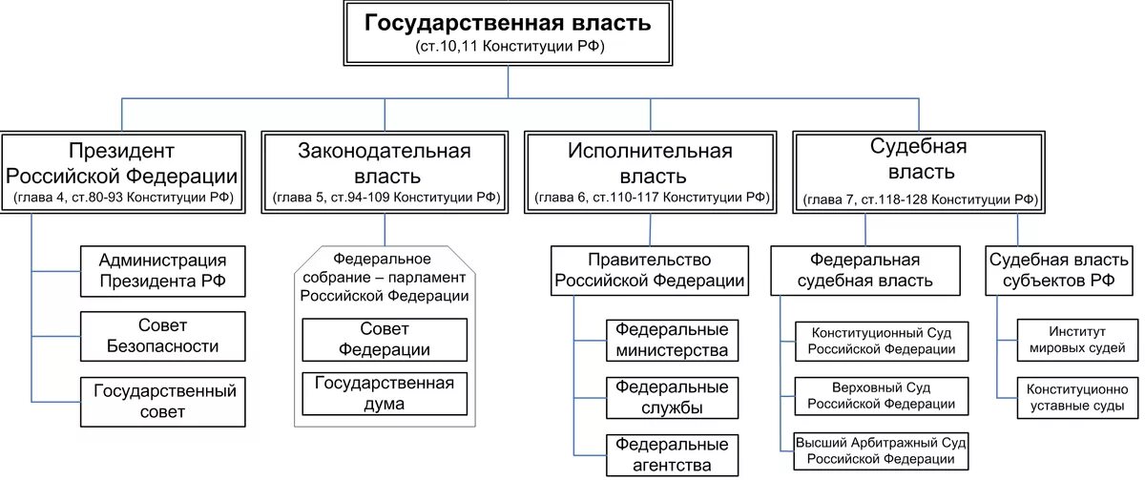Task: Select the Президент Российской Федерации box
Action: (x=121, y=173)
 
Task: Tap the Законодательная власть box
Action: (x=385, y=173)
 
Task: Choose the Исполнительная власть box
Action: (x=650, y=173)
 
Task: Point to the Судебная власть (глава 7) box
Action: (x=919, y=173)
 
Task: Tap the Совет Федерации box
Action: (x=385, y=339)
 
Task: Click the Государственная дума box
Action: (x=385, y=393)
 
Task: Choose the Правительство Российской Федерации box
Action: (x=650, y=270)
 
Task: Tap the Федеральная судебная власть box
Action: (x=864, y=270)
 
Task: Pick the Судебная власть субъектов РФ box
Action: (x=1064, y=270)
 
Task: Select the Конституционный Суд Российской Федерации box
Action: (x=881, y=341)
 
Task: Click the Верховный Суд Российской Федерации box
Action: (x=881, y=397)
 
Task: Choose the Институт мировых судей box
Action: (x=1077, y=341)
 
